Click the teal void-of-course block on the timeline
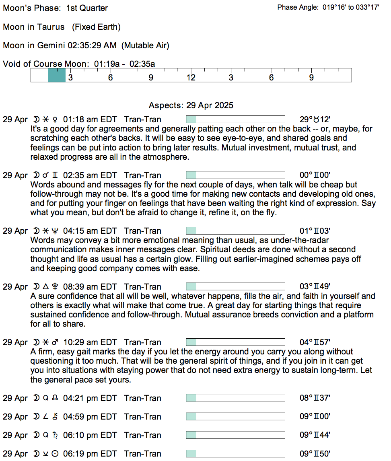pos(56,75)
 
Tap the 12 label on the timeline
pos(191,78)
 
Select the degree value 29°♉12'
pos(315,119)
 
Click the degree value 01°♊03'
pos(315,231)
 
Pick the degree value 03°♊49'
pos(315,287)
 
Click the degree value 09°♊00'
pos(315,417)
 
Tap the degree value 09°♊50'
pos(315,454)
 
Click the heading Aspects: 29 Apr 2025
pos(191,105)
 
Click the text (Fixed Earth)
pos(97,27)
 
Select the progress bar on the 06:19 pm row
pos(235,454)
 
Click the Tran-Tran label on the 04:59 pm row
pos(143,417)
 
